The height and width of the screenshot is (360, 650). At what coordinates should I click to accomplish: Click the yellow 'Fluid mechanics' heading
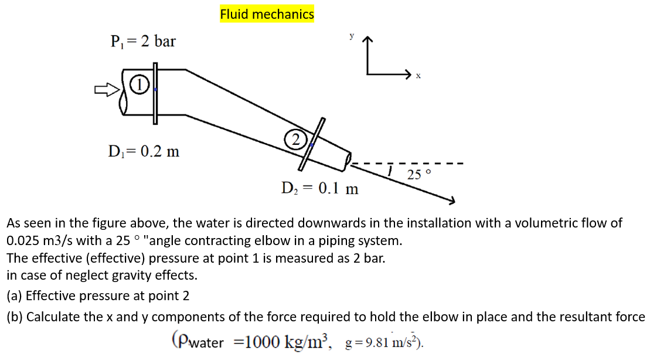[267, 14]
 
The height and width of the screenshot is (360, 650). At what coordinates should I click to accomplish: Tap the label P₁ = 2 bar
[143, 42]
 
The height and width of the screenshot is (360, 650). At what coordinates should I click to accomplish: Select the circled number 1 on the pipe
[137, 84]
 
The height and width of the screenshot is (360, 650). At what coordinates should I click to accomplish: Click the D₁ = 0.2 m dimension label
[144, 152]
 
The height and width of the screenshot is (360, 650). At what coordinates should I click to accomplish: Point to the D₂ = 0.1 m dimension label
[319, 189]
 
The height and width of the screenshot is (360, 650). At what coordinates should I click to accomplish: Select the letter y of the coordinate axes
[352, 36]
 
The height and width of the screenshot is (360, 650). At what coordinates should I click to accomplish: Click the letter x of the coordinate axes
[418, 76]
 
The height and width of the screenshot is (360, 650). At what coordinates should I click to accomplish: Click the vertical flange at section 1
[155, 93]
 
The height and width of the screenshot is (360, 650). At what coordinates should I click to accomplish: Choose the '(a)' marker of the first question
[15, 296]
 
